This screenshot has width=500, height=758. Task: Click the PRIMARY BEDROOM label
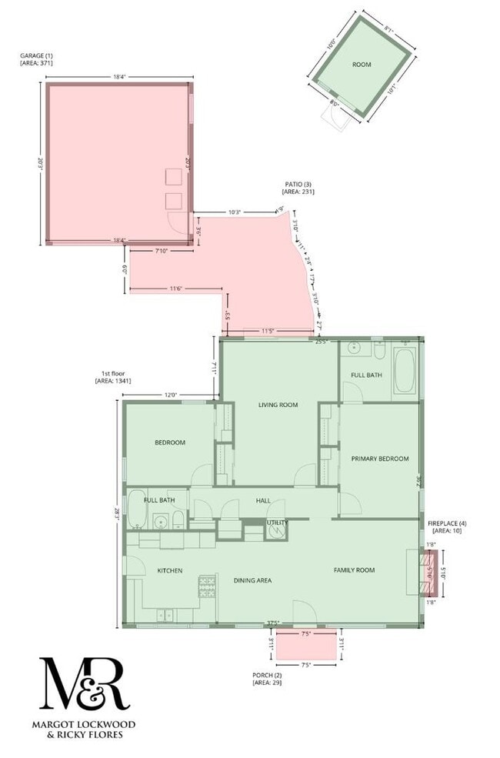point(380,459)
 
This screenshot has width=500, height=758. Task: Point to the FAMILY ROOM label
point(354,570)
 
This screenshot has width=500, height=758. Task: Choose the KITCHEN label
point(169,571)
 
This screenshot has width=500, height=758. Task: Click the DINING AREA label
point(253,580)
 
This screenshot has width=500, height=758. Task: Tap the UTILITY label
point(277,523)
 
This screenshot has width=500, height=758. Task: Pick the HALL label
point(263,500)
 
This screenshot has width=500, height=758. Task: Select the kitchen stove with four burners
point(206,587)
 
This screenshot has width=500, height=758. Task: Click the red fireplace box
point(427,573)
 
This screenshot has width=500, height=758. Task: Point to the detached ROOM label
point(362,65)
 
